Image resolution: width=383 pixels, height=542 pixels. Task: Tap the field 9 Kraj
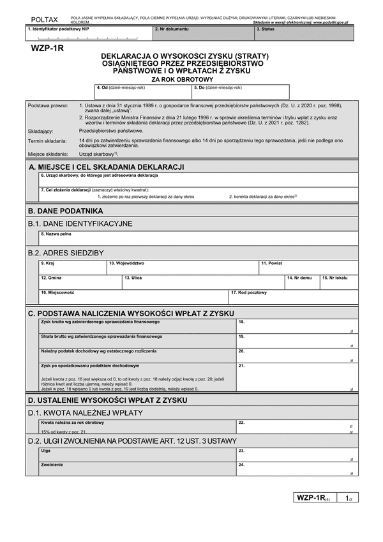[72, 267]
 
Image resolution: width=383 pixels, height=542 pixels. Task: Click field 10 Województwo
[182, 267]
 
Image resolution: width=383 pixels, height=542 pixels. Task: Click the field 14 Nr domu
[301, 283]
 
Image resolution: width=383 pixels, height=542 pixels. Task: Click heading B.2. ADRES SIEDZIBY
[66, 253]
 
